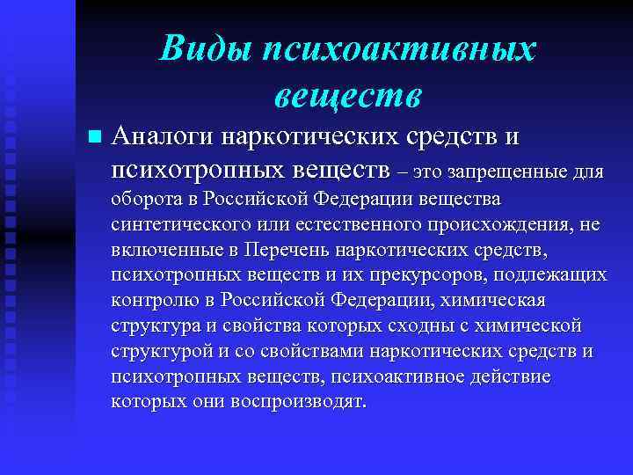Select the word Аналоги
point(164,138)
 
